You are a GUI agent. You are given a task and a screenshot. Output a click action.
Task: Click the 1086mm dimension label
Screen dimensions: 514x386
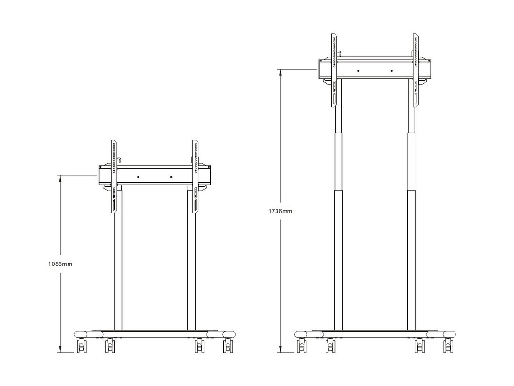[x=60, y=264]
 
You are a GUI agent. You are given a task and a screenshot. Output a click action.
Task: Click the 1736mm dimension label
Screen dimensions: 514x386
[x=280, y=211]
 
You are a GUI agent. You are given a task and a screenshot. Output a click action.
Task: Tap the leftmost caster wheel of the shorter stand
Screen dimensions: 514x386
[x=81, y=345]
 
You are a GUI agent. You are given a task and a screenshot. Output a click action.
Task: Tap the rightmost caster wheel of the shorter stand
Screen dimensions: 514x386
[x=228, y=345]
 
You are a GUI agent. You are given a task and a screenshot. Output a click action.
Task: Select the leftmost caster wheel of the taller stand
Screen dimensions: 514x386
[x=302, y=345]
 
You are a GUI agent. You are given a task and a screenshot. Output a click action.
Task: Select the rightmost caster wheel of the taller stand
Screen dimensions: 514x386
[x=448, y=345]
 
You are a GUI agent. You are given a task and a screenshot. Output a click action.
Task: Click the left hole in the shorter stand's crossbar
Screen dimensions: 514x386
[x=138, y=177]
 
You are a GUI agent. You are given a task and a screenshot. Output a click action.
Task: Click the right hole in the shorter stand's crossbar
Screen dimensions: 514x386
[x=171, y=177]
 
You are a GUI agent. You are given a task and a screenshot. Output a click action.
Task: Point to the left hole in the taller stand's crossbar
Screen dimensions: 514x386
[x=358, y=71]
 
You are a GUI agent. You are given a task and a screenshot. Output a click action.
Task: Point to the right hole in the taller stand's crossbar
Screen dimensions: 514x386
[x=391, y=71]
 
